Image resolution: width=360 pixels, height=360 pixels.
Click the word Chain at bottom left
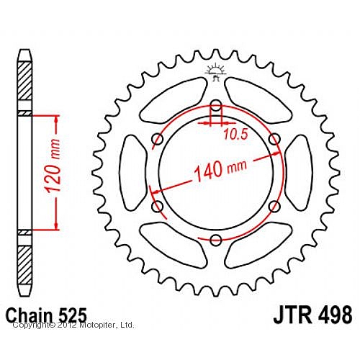click(x=32, y=315)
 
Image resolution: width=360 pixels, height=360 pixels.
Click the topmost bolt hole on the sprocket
click(x=215, y=104)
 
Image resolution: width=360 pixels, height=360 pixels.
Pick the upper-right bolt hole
click(x=274, y=138)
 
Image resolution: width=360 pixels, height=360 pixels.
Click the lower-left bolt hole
click(x=156, y=207)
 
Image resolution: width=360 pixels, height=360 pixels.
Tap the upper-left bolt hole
click(x=156, y=138)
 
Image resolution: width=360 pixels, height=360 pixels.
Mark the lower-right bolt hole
click(x=274, y=207)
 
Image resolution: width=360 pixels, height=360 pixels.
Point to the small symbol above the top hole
click(x=214, y=71)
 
